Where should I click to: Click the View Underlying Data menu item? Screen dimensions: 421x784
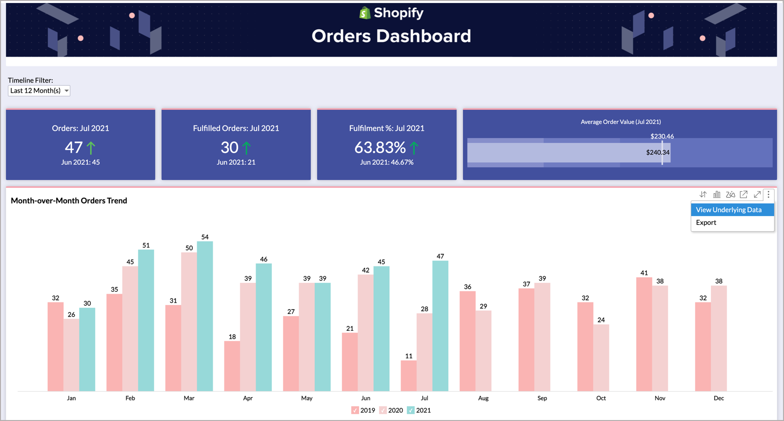click(728, 210)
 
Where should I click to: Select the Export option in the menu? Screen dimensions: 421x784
click(706, 222)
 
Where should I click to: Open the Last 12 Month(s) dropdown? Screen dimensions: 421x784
click(39, 91)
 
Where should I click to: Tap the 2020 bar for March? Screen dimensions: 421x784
click(189, 321)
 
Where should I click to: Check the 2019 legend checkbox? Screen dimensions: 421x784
click(355, 410)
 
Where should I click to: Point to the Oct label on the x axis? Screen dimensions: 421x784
click(601, 398)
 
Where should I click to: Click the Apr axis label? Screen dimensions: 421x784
click(248, 398)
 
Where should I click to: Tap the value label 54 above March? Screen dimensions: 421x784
click(205, 237)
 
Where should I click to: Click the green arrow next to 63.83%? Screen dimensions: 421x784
click(414, 147)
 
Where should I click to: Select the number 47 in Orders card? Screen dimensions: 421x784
click(74, 147)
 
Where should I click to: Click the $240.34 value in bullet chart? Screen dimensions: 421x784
click(657, 153)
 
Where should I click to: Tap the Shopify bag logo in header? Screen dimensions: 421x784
click(365, 13)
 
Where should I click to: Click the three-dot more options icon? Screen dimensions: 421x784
click(768, 195)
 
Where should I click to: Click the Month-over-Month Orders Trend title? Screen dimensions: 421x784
click(69, 200)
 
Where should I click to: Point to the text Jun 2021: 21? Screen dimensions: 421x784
click(236, 162)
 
